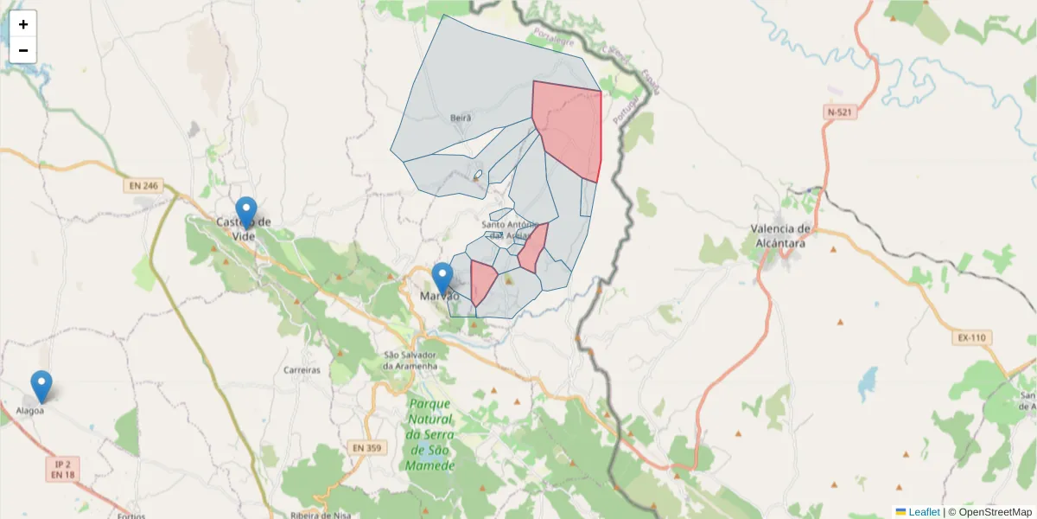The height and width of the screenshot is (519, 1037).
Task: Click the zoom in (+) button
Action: click(23, 24)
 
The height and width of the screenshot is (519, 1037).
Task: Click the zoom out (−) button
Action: click(23, 50)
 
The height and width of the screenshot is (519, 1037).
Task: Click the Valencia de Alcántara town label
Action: click(781, 236)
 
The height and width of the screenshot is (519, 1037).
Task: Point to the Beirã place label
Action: click(461, 118)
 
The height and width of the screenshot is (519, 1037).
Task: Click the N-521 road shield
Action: click(840, 112)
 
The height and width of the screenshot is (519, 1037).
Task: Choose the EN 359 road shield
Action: click(366, 447)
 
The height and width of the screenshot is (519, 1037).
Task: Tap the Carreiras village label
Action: click(302, 369)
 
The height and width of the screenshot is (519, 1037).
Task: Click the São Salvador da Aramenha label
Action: click(411, 361)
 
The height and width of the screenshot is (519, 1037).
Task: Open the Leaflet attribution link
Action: click(923, 512)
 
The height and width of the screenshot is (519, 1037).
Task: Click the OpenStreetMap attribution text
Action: click(989, 512)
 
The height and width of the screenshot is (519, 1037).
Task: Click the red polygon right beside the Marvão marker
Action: click(481, 279)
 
